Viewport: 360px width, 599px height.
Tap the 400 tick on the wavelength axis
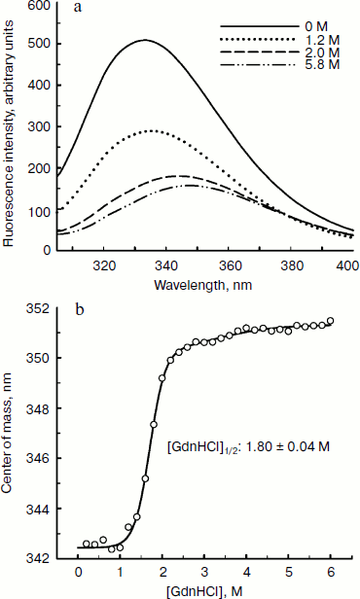pos(348,264)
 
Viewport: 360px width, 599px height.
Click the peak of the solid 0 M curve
pos(144,40)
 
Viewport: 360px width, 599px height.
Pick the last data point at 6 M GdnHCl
pos(330,320)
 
